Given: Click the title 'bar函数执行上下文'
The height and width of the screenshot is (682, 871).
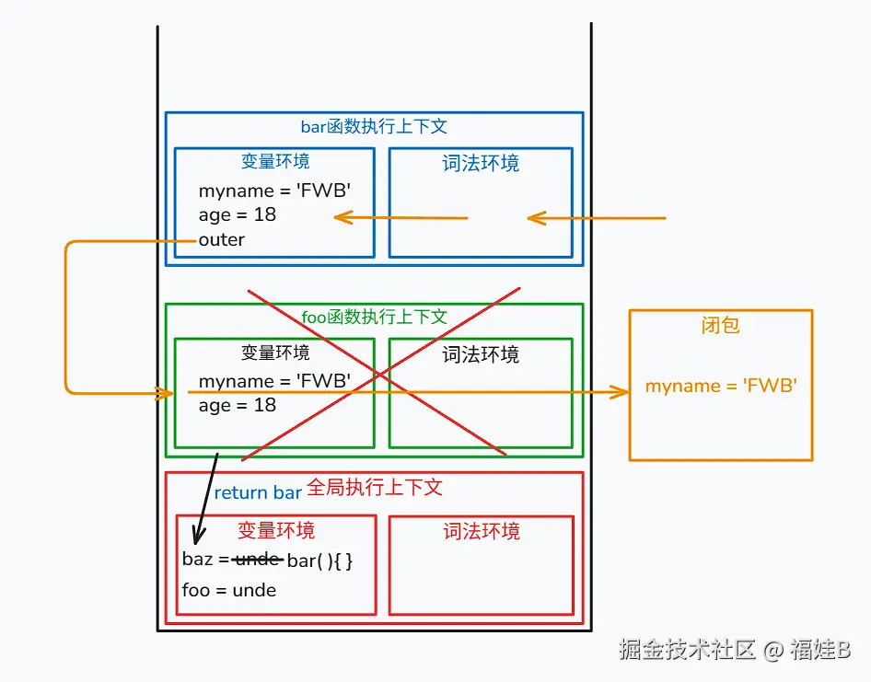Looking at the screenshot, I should [374, 127].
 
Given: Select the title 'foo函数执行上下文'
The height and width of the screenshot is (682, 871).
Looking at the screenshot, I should [374, 318].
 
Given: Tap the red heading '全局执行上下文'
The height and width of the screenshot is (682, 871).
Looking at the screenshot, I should [374, 488].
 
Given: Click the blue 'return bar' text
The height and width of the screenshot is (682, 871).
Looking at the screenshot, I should [258, 493].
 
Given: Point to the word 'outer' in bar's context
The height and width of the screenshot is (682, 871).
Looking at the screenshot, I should [222, 240].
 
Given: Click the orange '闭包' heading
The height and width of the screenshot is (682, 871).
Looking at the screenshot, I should [720, 326].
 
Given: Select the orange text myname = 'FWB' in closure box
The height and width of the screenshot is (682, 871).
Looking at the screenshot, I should [720, 387].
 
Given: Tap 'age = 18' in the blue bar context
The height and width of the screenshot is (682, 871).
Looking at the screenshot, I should [237, 215].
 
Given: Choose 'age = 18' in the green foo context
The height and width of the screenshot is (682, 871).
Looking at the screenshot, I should [237, 406].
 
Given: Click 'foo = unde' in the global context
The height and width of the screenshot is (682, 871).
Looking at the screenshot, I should [229, 591].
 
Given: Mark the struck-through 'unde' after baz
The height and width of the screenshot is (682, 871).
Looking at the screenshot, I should [258, 560].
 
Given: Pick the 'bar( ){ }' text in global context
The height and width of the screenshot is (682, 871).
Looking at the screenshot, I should [320, 561].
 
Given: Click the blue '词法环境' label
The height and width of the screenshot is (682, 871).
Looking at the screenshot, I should [481, 164].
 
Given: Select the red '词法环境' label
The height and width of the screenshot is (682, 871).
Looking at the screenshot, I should [481, 532].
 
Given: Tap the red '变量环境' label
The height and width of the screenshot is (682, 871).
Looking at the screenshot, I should [275, 531].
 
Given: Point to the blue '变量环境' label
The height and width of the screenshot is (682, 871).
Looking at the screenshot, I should [275, 162].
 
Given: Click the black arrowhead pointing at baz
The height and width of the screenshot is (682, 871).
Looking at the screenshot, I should [197, 538].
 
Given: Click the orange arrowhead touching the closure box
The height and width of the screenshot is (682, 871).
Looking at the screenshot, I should [621, 393].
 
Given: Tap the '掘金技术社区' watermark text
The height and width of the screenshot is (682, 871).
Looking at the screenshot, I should [687, 651].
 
